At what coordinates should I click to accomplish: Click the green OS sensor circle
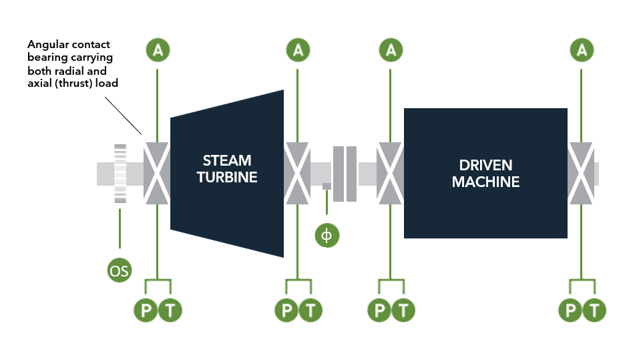[120, 271]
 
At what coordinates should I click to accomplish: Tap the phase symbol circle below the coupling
[327, 236]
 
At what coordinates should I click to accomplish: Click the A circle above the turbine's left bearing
[157, 49]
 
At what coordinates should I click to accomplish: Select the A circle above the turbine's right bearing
[298, 49]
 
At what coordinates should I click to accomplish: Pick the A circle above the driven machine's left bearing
[391, 49]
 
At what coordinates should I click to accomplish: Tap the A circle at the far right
[582, 49]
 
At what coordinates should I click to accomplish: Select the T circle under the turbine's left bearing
[169, 310]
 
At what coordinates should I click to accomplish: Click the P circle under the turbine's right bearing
[286, 310]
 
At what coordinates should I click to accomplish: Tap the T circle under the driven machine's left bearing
[403, 310]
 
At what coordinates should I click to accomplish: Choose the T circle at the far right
[594, 310]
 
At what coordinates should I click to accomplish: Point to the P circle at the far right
[570, 310]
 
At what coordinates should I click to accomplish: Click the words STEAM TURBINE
[227, 169]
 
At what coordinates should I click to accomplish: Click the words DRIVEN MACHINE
[485, 173]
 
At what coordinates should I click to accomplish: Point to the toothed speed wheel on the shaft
[120, 173]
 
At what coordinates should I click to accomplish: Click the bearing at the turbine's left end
[157, 173]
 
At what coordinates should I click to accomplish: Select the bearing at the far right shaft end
[581, 173]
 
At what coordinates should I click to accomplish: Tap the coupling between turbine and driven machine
[345, 174]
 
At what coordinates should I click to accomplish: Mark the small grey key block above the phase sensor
[327, 186]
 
